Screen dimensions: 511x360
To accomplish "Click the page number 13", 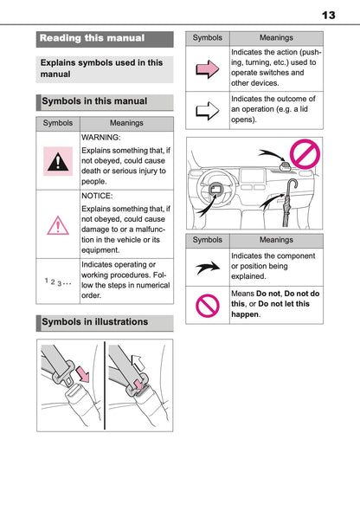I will tap(328, 15).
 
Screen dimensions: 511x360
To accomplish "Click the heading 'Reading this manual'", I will tap(93, 38).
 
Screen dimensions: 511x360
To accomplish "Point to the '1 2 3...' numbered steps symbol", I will tap(58, 281).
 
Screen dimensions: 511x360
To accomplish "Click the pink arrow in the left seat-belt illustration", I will tap(82, 373).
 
